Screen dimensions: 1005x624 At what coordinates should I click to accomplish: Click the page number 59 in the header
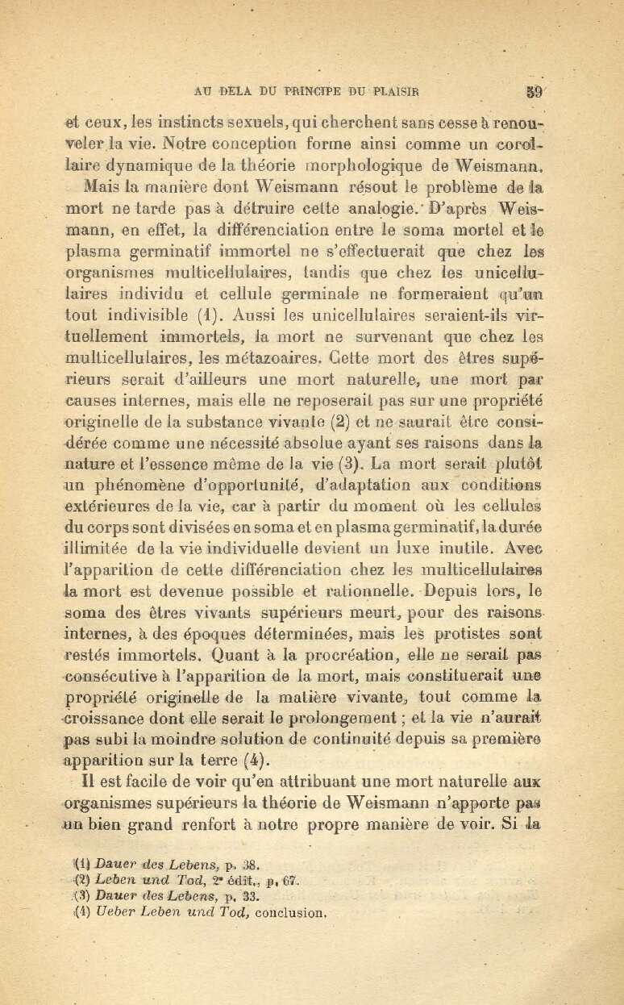pyautogui.click(x=533, y=90)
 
